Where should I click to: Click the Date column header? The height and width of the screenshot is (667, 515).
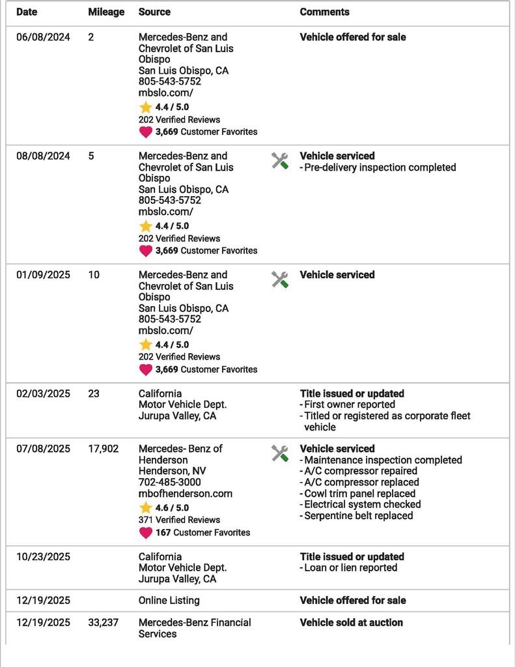(27, 12)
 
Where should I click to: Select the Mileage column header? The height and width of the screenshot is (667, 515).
(106, 12)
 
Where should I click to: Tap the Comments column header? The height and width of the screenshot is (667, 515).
(324, 12)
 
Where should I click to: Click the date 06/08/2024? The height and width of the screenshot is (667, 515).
(43, 37)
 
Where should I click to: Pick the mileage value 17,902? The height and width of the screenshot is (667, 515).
(104, 449)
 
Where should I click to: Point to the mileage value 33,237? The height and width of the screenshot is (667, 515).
(104, 623)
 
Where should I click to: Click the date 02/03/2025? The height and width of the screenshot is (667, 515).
(43, 393)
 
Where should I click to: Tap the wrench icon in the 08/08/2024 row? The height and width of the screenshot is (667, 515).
(280, 160)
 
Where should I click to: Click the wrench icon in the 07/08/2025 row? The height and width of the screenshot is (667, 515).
(280, 453)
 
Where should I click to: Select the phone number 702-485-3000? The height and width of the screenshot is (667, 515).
(169, 483)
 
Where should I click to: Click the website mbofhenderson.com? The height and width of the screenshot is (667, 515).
(186, 494)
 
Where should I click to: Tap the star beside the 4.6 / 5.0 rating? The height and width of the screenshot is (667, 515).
(145, 507)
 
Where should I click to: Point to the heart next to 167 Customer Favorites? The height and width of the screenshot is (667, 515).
(145, 533)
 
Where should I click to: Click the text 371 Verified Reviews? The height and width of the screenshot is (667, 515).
(179, 520)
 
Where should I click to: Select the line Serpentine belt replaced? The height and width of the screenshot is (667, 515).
(358, 516)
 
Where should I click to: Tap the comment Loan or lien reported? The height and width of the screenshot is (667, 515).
(350, 568)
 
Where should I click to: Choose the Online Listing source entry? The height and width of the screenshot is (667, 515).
(169, 601)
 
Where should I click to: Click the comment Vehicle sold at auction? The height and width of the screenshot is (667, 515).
(351, 623)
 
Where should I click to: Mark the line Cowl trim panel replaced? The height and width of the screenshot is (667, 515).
(359, 494)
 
